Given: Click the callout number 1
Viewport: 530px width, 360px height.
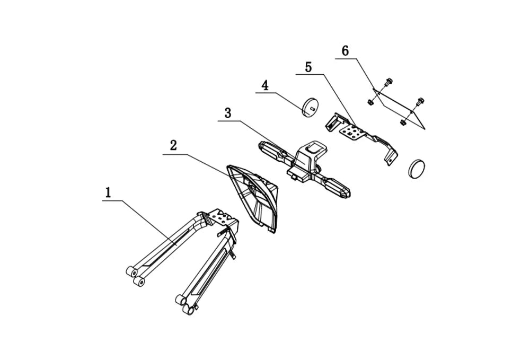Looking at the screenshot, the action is tap(108, 192).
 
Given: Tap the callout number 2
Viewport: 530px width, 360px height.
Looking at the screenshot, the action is tap(173, 146).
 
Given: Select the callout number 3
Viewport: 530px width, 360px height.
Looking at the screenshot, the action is tap(228, 113).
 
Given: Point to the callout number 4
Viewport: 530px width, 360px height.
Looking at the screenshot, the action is tap(266, 85).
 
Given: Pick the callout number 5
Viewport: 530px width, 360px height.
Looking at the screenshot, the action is tap(308, 67).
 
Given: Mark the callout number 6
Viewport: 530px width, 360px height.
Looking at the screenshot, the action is tap(345, 51).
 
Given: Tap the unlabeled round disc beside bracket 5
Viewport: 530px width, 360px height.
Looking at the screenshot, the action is tap(417, 167).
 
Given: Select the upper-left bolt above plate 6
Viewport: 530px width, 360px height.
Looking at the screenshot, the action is tap(387, 82).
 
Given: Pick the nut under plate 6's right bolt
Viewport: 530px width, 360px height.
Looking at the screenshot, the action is tap(403, 122).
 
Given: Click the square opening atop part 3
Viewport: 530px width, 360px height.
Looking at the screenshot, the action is tap(313, 147).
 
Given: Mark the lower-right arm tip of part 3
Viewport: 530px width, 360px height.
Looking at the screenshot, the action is tap(347, 194).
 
